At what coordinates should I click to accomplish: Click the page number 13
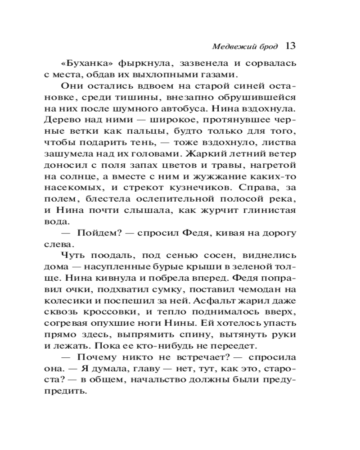[290, 45]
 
